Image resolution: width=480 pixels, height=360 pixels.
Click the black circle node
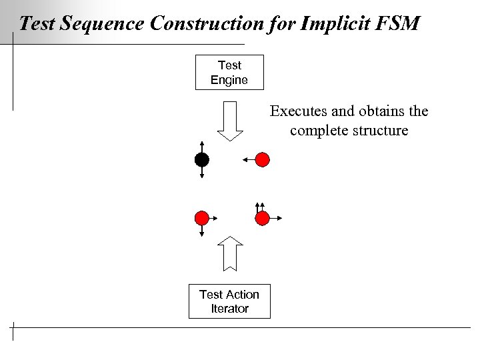click(x=201, y=159)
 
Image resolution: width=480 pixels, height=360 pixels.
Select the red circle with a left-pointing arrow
click(x=263, y=159)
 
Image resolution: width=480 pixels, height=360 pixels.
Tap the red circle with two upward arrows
click(x=263, y=218)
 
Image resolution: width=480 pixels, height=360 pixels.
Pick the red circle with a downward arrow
click(x=201, y=218)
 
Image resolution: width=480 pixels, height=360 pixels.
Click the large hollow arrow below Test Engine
click(x=230, y=121)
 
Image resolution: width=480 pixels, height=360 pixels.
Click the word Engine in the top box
click(x=229, y=80)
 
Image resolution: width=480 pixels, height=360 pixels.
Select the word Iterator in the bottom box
click(x=229, y=309)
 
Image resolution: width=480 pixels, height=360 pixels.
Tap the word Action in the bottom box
click(x=243, y=294)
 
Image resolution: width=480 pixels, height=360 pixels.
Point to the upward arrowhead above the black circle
click(x=201, y=143)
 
